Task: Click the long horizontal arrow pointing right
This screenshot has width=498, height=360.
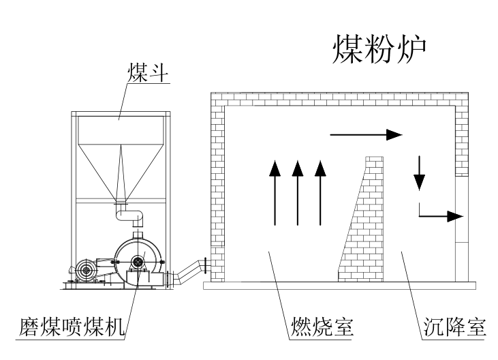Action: (x=365, y=134)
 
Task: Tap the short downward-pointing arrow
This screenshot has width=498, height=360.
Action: (x=419, y=173)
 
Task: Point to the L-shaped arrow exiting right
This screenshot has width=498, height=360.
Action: (x=436, y=215)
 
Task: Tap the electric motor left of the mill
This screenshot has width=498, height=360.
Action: (x=87, y=271)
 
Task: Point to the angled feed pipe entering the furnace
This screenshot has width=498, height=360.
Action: (x=187, y=272)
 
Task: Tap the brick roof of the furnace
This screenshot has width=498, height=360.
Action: (x=341, y=97)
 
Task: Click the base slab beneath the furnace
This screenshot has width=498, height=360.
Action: (x=341, y=285)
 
